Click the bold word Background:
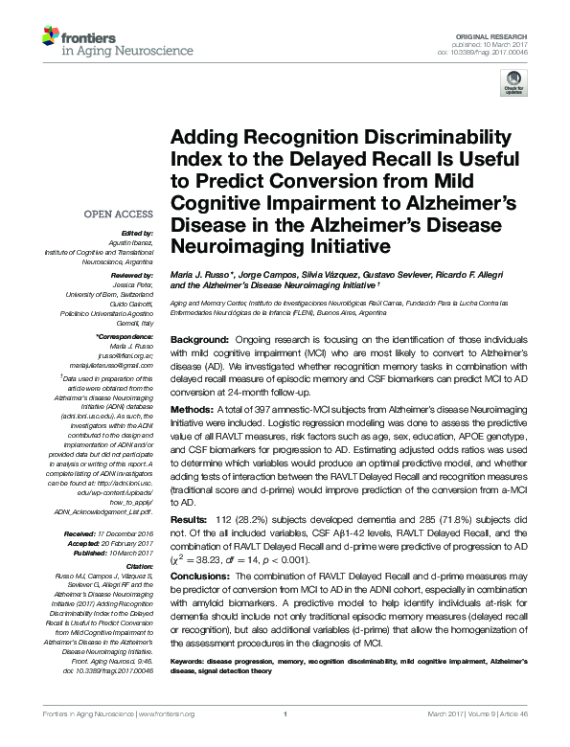pos(198,340)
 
